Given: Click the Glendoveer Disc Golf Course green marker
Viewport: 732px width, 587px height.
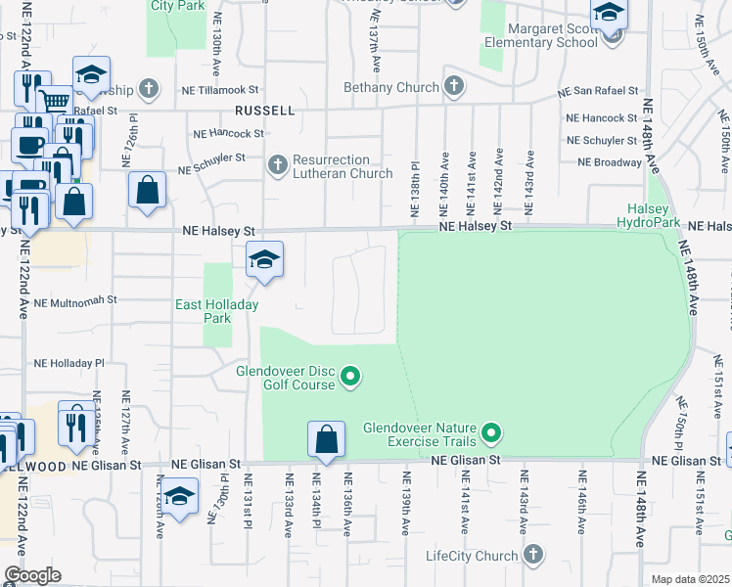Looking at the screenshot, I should click(x=354, y=376).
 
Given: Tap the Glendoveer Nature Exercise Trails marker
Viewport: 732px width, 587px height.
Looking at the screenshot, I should click(x=492, y=431).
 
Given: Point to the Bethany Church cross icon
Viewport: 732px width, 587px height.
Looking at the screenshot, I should click(x=453, y=87).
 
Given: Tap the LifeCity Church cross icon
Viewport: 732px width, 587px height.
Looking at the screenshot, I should click(x=532, y=556).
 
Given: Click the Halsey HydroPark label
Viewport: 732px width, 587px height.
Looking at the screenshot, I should click(x=645, y=217).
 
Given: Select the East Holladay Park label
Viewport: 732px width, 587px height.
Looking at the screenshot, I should click(x=216, y=312).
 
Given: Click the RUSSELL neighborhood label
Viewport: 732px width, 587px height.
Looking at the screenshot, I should click(x=264, y=111).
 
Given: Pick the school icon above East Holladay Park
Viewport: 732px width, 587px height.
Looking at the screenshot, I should click(x=264, y=260).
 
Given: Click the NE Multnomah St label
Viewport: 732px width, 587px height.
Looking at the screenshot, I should click(x=75, y=302).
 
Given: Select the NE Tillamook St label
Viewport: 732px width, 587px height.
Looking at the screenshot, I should click(x=219, y=89).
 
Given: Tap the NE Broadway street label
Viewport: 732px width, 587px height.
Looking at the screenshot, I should click(x=609, y=162).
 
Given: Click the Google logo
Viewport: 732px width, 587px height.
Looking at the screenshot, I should click(x=32, y=575).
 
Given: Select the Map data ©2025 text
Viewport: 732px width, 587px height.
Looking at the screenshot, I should click(x=690, y=579).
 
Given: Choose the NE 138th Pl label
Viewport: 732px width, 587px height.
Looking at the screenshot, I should click(x=415, y=190).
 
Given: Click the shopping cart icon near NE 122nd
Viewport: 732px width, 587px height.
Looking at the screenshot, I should click(x=55, y=101).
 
